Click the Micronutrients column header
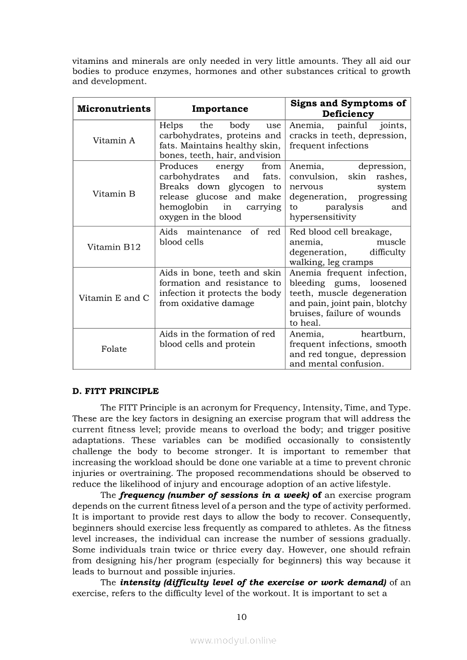pos(114,108)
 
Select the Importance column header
pos(220,108)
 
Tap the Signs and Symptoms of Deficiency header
pos(348,108)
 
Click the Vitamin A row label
pos(114,141)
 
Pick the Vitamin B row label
pos(114,194)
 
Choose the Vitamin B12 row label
pos(114,247)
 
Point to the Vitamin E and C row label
pos(114,298)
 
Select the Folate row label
pos(114,349)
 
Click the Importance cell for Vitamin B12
pos(220,237)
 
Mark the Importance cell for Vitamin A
pos(220,141)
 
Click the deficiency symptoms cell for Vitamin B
pos(348,192)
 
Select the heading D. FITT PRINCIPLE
pos(115,391)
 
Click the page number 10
pos(241,617)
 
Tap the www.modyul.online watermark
pos(233,640)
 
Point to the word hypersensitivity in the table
pos(322,217)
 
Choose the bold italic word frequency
pos(140,495)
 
